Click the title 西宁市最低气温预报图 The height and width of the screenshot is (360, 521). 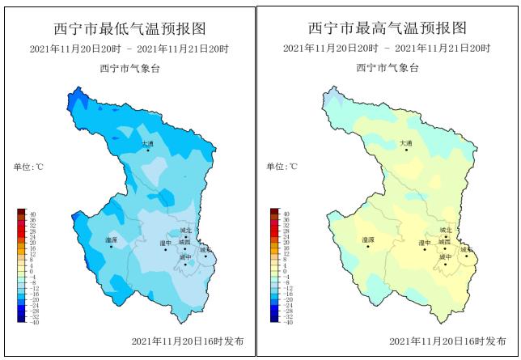(129, 29)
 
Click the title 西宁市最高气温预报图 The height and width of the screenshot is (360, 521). (388, 28)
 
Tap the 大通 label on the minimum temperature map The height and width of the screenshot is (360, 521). (147, 144)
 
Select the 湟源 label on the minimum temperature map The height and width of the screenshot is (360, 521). (111, 240)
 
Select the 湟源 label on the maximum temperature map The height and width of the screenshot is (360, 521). (368, 240)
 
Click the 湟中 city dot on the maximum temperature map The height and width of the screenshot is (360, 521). (425, 249)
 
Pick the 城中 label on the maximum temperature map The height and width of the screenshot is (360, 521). (445, 257)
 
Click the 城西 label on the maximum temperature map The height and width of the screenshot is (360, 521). (444, 242)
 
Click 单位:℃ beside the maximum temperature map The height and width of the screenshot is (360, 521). (282, 167)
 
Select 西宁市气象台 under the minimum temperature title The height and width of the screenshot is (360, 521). (129, 68)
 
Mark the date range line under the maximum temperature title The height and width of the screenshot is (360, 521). (388, 49)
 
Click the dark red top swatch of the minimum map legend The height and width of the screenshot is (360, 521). (22, 212)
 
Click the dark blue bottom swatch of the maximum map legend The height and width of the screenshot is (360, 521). (275, 320)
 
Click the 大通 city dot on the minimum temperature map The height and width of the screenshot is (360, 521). (149, 150)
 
